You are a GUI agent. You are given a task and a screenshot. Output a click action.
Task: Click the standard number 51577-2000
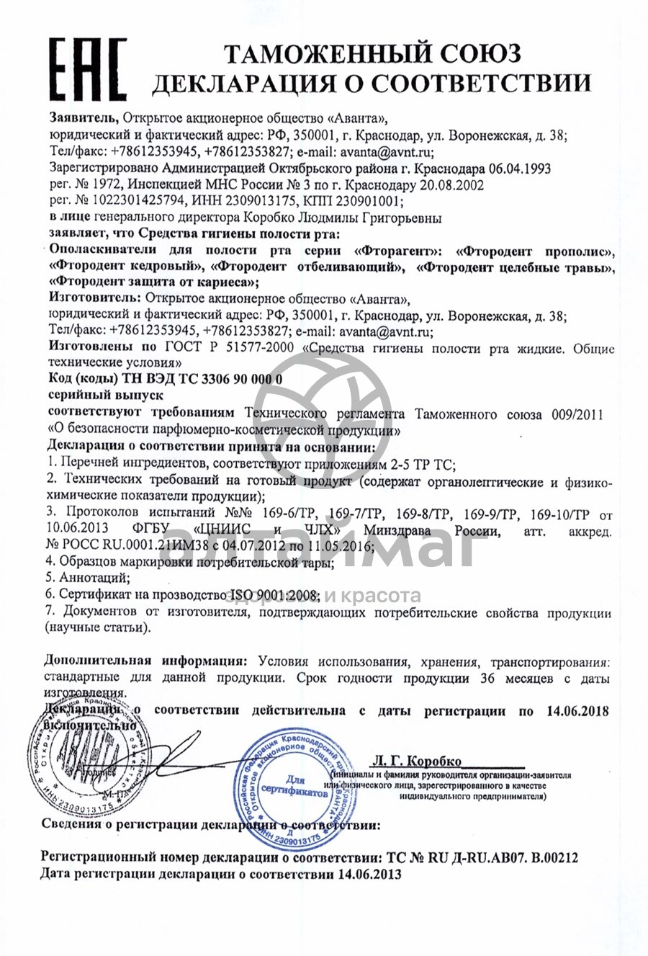click(259, 349)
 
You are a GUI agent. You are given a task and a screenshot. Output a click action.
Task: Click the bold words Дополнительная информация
click(145, 661)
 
